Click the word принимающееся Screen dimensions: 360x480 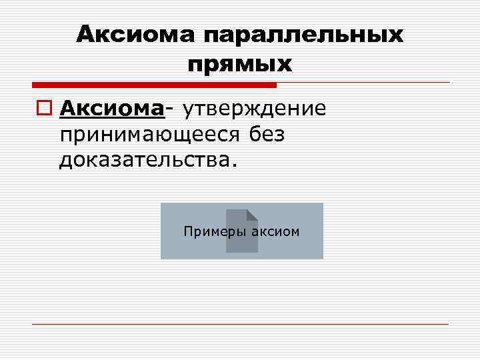[149, 134]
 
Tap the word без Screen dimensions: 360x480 [267, 134]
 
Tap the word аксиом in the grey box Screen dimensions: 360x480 [275, 231]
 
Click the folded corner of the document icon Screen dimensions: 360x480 [252, 215]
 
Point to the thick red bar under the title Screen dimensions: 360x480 [154, 85]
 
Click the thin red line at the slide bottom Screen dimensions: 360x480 [240, 324]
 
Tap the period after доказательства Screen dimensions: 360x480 [233, 165]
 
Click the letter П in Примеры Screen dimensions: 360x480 [187, 231]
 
